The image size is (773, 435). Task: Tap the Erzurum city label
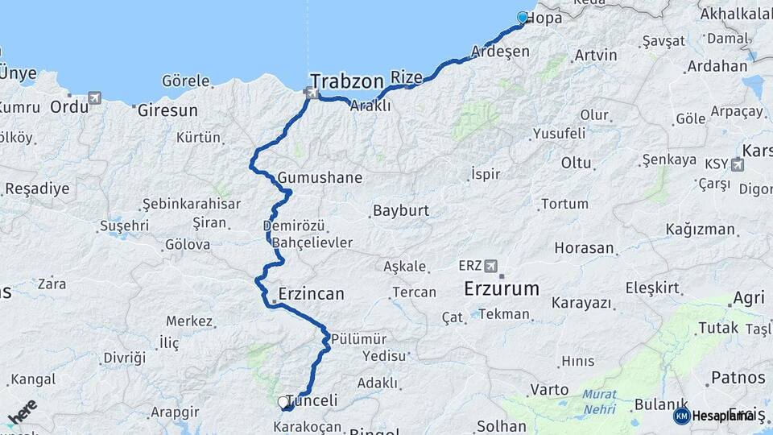pos(502,288)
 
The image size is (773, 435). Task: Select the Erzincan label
pos(311,294)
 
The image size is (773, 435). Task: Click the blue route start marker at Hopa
pos(523,18)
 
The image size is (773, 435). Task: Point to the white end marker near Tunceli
pos(283,401)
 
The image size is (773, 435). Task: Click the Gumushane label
pos(320,177)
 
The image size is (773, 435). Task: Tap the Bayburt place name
pos(400,212)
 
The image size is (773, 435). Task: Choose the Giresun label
pos(167,110)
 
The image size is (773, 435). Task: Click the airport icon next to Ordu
pos(96,98)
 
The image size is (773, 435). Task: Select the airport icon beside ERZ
pos(492,265)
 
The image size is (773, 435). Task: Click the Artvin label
pos(596,56)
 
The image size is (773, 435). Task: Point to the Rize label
pos(407,77)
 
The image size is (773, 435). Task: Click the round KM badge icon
pos(681,416)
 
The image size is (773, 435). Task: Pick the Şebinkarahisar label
pos(191,204)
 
